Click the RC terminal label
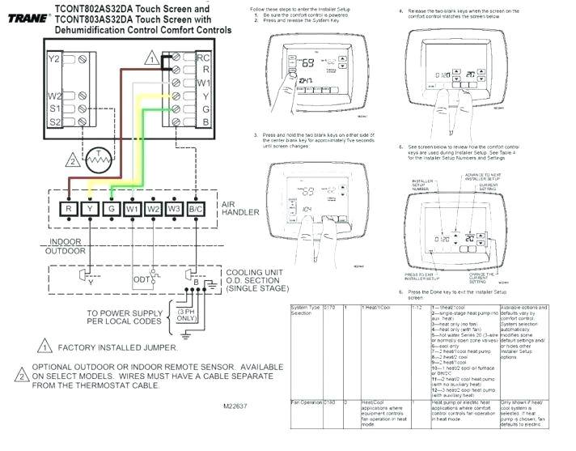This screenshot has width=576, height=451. [204, 58]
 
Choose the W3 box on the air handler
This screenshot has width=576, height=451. [175, 210]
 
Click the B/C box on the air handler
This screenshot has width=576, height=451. [197, 210]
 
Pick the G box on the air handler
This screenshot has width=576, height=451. [111, 210]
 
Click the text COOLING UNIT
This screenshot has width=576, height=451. [252, 272]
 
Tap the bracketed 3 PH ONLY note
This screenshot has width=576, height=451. [186, 315]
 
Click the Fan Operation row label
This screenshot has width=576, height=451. [306, 402]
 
